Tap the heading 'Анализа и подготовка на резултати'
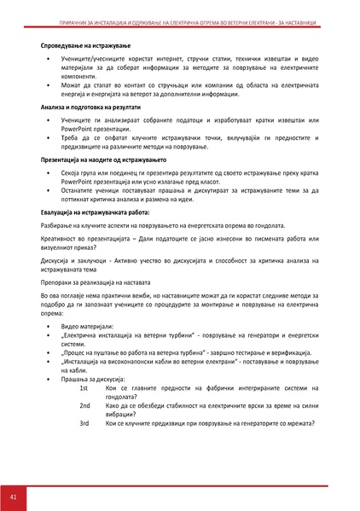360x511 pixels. coord(94,108)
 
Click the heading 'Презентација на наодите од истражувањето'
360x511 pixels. coord(106,160)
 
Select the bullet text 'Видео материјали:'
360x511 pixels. coord(90,328)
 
